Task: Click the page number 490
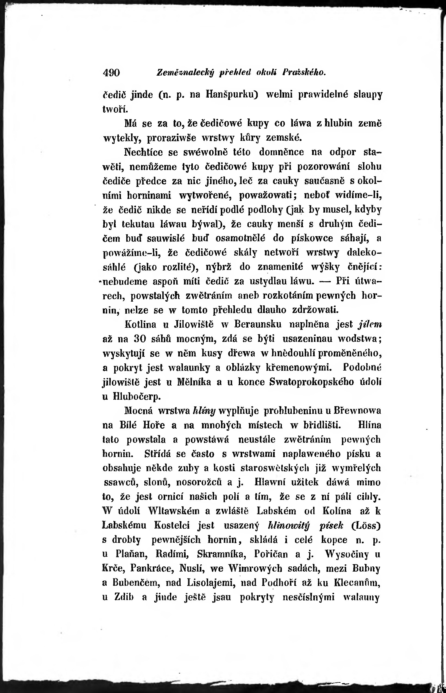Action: pyautogui.click(x=111, y=72)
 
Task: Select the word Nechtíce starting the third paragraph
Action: pyautogui.click(x=143, y=152)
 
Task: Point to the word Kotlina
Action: pyautogui.click(x=140, y=324)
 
